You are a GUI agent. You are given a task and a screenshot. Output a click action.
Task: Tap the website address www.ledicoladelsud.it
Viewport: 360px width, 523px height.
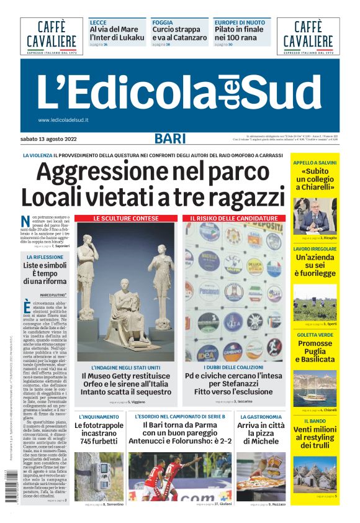pyautogui.click(x=63, y=120)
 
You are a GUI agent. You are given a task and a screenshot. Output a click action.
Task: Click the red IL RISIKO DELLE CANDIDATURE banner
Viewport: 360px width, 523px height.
pyautogui.click(x=233, y=219)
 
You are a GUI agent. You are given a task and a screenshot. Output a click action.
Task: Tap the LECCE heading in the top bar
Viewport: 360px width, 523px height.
pyautogui.click(x=98, y=22)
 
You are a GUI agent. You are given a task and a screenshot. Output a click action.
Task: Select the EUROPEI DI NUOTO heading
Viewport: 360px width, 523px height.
pyautogui.click(x=239, y=22)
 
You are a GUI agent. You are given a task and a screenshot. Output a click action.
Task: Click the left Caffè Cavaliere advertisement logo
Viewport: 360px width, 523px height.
pyautogui.click(x=52, y=36)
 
